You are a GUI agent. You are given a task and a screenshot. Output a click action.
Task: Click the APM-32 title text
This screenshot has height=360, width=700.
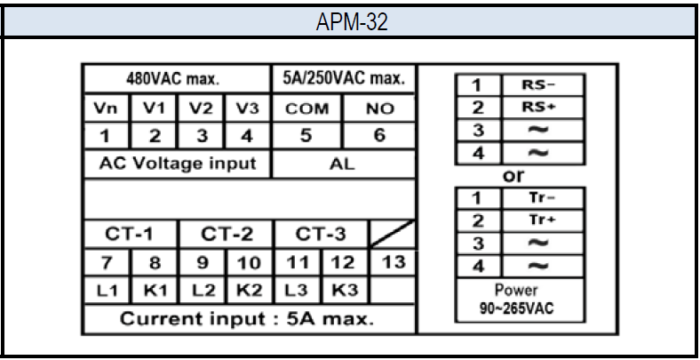352,22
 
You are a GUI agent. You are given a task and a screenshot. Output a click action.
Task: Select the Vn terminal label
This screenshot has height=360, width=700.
106,108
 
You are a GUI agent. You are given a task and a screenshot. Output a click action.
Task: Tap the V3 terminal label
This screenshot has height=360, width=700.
248,108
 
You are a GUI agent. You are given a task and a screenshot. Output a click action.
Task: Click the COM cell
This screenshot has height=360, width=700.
306,108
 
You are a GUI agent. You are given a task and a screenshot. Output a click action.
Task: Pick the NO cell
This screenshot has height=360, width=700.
379,108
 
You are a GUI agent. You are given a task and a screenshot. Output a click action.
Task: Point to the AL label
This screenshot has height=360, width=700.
343,164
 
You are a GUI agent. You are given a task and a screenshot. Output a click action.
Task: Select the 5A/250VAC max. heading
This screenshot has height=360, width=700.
344,78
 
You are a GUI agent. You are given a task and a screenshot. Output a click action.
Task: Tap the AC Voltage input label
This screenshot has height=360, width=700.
178,164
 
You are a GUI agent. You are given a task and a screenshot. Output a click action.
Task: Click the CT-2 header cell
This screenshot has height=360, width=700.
227,234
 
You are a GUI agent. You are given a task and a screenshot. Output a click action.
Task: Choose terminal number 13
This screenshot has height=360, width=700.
393,262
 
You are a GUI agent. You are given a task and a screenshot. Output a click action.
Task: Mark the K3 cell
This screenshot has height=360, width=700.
345,291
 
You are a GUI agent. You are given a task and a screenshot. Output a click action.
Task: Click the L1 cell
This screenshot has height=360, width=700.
107,292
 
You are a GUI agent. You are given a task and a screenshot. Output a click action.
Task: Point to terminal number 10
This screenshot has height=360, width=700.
249,263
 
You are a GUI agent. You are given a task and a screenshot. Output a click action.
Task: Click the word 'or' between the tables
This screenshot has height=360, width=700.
513,176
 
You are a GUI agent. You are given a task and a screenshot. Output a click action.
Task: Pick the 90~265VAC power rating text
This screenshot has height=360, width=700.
516,308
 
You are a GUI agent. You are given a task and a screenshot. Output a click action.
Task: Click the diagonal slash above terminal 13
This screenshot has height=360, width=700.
393,234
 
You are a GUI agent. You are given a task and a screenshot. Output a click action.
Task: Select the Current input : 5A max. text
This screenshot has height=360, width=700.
246,319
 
